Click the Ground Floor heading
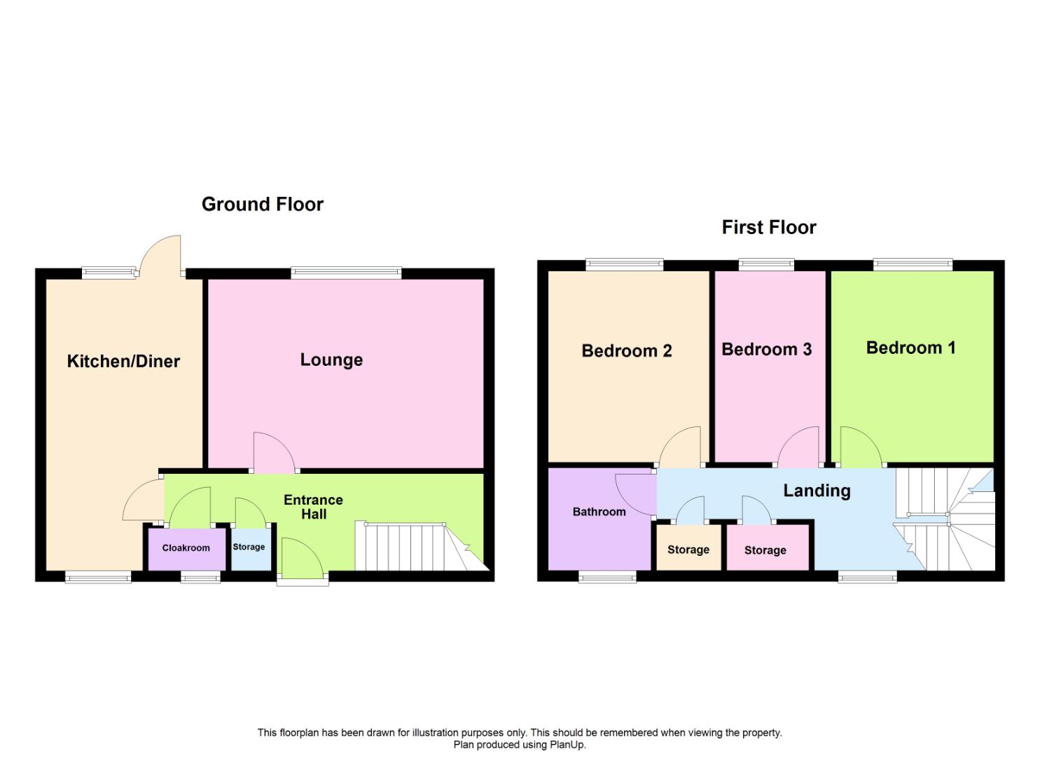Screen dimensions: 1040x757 [263, 205]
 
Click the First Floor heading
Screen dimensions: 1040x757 [769, 228]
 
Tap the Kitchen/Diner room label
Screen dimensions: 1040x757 [123, 361]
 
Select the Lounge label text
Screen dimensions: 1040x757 [331, 360]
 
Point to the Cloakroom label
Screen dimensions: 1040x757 [186, 548]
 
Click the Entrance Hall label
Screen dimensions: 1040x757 [313, 507]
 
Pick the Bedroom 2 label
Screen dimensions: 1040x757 [627, 351]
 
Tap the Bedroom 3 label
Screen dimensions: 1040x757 [767, 350]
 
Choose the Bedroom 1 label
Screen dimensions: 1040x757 [911, 348]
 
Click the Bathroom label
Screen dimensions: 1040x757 [599, 512]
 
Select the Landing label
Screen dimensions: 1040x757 [817, 491]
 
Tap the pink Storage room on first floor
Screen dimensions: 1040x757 [768, 547]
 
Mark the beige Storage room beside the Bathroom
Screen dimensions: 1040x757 [688, 547]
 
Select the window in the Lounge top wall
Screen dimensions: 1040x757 [346, 273]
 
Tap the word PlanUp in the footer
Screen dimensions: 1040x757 [567, 745]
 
